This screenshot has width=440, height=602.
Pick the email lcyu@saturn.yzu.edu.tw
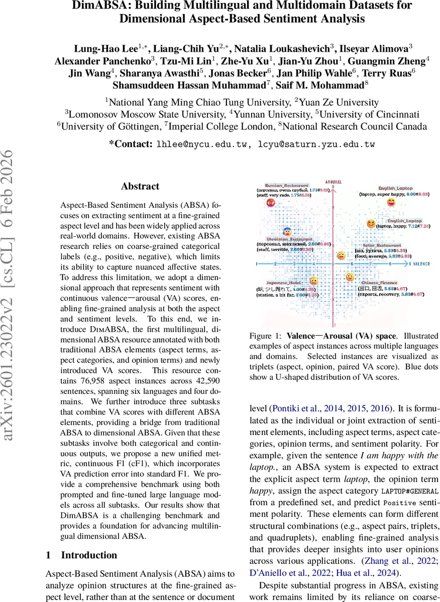(316, 144)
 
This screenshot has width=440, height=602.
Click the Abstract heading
(140, 186)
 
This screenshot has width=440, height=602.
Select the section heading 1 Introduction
(81, 555)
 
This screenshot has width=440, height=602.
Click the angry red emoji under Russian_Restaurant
(270, 203)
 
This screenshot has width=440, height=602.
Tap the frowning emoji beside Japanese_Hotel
(314, 281)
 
